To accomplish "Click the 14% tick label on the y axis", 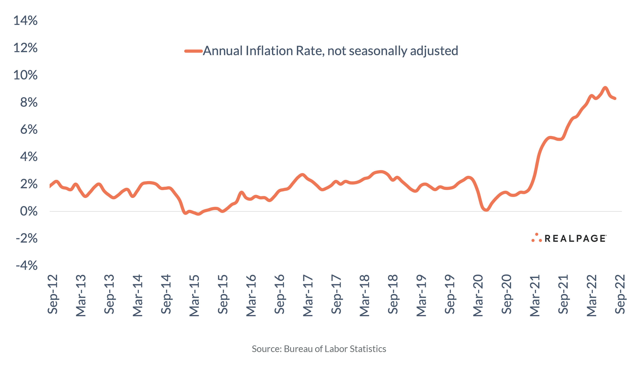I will [25, 21].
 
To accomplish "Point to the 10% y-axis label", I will [25, 75].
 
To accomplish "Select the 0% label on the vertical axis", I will [29, 211].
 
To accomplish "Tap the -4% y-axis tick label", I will [27, 266].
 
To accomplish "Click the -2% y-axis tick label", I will [27, 239].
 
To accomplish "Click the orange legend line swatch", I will [193, 51].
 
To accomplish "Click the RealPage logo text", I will [575, 239].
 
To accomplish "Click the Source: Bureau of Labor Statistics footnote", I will [319, 349].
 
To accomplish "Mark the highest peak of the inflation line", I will [605, 88].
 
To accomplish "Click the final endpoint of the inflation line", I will [615, 98].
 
